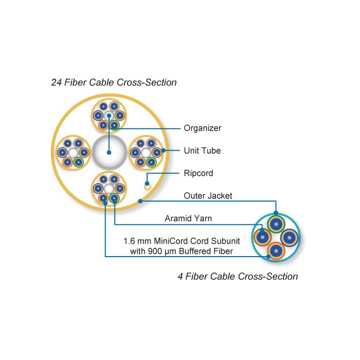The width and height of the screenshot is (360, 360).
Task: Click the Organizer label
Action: point(203,128)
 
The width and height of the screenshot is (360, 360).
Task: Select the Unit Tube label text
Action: point(203,151)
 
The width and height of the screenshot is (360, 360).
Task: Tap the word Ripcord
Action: point(199,173)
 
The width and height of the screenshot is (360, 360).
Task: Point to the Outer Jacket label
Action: point(208,195)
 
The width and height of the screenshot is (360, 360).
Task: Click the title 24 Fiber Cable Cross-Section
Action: point(114,82)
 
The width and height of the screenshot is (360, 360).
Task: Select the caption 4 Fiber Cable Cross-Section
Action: point(238,276)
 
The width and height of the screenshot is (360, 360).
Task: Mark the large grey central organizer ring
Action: point(109,152)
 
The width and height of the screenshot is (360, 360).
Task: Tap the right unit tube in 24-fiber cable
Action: point(146,152)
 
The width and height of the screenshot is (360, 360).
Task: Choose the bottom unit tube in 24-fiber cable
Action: point(109,188)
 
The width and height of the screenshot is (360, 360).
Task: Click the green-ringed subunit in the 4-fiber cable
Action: point(277,224)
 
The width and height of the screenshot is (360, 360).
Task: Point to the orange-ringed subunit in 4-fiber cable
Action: point(277,250)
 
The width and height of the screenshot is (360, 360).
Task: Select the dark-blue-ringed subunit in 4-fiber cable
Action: point(290,238)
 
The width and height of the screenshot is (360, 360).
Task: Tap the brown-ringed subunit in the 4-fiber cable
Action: point(263,237)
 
